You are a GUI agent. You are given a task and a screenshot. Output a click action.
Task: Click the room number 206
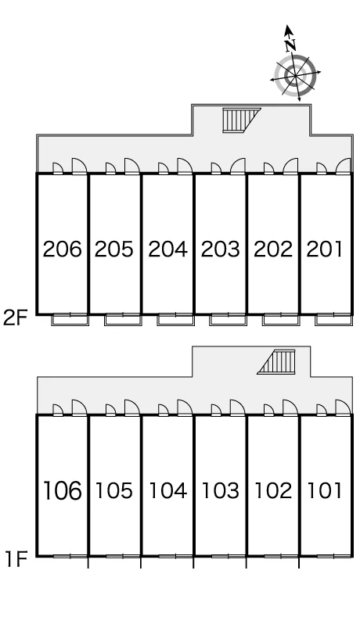pos(63,249)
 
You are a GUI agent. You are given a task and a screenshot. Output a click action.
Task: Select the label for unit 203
pos(220,249)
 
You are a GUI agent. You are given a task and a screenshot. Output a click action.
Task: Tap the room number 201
pos(325,249)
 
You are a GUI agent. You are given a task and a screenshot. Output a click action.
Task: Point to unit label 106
pos(62,490)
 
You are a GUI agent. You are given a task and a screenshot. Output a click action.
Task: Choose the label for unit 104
pos(167,490)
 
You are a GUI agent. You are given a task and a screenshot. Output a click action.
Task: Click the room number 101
pos(325,490)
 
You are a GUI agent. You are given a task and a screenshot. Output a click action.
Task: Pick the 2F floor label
pos(15,318)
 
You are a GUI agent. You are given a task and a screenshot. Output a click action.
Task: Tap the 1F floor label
pos(16,559)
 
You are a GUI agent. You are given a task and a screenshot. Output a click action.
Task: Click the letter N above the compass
pos(290,45)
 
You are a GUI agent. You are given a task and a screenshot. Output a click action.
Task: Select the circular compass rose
pos(295,75)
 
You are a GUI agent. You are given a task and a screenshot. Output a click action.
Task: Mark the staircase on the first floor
pos(276,362)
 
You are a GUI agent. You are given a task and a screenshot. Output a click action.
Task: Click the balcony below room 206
pos(70,319)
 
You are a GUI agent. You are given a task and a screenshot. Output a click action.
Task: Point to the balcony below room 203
pos(228,319)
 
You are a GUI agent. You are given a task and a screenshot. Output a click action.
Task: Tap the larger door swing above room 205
pos(132,166)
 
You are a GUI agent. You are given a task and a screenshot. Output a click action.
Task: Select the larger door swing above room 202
pos(290,166)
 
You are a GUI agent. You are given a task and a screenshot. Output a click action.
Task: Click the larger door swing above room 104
pos(185,407)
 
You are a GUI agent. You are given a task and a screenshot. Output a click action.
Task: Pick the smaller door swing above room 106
pos(58,410)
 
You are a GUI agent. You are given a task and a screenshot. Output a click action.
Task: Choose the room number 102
pos(273,490)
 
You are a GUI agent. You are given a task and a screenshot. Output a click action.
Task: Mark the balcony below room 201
pos(333,319)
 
